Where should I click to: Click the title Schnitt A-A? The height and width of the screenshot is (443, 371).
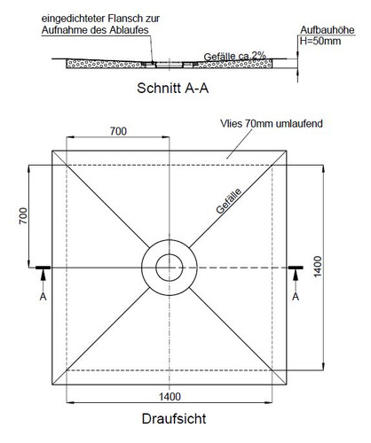point(173,88)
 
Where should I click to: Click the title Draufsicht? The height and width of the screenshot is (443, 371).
point(174,419)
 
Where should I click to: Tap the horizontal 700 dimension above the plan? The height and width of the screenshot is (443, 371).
point(118,131)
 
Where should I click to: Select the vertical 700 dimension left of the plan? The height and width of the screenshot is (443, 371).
point(23,216)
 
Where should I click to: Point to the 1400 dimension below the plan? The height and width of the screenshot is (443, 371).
point(170,396)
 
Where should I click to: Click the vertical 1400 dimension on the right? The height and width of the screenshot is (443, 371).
point(318,267)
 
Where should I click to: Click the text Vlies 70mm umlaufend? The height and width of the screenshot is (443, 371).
point(272,123)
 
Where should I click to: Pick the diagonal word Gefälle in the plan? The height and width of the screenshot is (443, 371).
point(229,201)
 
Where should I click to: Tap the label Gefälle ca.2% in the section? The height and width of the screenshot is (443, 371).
point(235,56)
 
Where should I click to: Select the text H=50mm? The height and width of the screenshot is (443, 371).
point(320,41)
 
